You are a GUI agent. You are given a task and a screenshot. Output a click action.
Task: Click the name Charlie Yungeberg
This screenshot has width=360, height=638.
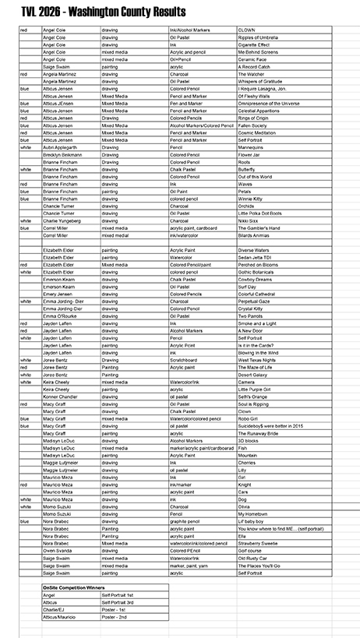(60, 220)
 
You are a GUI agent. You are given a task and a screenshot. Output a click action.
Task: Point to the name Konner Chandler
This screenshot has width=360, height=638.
(60, 397)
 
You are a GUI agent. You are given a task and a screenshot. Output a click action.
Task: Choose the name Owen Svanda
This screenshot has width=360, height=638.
(57, 550)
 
